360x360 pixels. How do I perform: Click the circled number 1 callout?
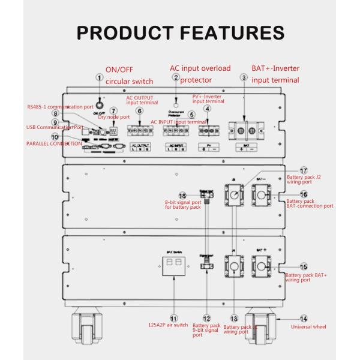click(100, 77)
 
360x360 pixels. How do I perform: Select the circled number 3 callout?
click(243, 77)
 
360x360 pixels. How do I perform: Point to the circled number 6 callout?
click(139, 111)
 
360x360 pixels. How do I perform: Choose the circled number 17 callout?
click(303, 170)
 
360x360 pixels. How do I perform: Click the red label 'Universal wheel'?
click(309, 327)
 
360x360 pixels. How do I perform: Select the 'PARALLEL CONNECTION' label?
click(54, 144)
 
